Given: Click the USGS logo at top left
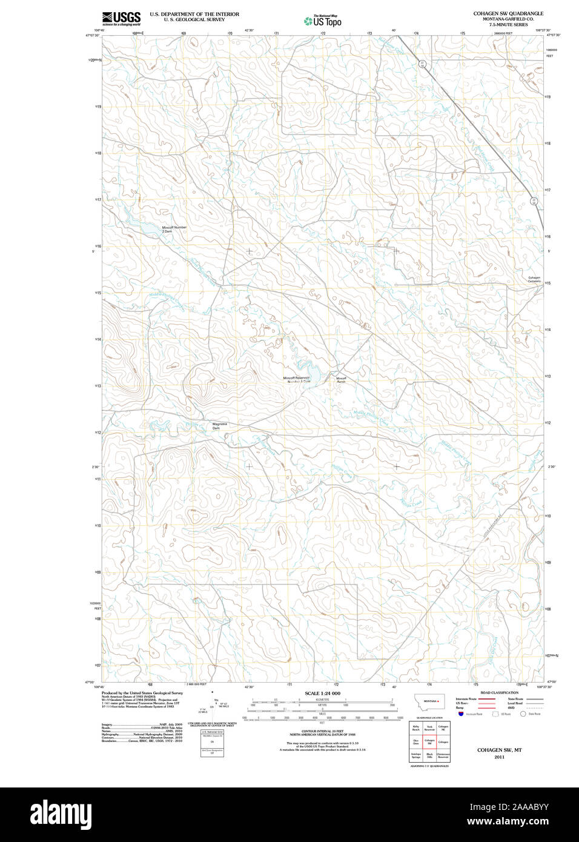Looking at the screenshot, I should pyautogui.click(x=121, y=18).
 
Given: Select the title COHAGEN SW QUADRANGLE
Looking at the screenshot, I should pyautogui.click(x=508, y=13).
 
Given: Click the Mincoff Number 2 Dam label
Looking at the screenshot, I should pyautogui.click(x=174, y=229).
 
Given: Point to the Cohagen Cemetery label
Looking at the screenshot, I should pyautogui.click(x=534, y=279).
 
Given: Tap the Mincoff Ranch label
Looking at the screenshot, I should pyautogui.click(x=341, y=380).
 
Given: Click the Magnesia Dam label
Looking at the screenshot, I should pyautogui.click(x=220, y=426).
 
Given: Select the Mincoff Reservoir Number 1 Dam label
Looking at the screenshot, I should pyautogui.click(x=297, y=380).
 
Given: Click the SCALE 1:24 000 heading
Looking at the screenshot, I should pyautogui.click(x=322, y=693).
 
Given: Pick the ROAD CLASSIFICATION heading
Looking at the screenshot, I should pyautogui.click(x=499, y=692).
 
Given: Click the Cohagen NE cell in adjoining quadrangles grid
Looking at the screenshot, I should pyautogui.click(x=443, y=728).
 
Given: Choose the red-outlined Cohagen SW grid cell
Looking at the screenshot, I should pyautogui.click(x=429, y=741).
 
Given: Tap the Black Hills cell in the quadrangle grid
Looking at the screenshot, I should pyautogui.click(x=429, y=755).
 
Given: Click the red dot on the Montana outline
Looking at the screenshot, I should pyautogui.click(x=439, y=701).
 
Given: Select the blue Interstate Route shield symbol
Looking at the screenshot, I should pyautogui.click(x=461, y=714).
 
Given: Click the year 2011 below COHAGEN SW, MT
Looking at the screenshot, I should pyautogui.click(x=499, y=757).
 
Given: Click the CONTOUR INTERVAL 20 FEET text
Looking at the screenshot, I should pyautogui.click(x=322, y=732).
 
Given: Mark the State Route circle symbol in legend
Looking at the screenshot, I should pyautogui.click(x=523, y=714).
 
